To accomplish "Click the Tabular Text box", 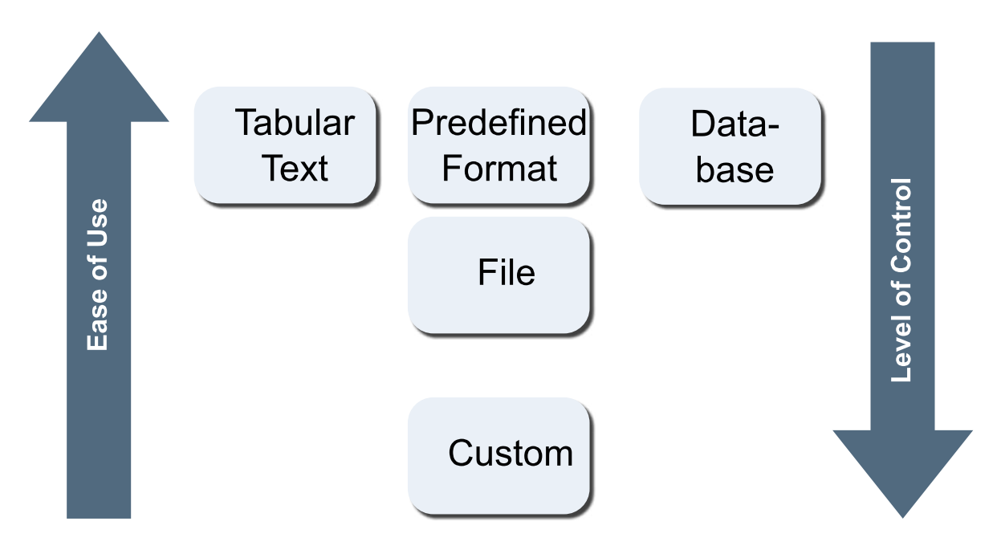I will point(285,145).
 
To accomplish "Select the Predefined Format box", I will point(499,145).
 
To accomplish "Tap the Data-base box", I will point(730,145).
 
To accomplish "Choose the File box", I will point(499,275).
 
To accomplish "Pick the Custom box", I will point(499,455).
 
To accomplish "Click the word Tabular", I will point(295,124).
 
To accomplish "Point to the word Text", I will point(296,169).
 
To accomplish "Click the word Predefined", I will point(499,124).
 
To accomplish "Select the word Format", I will point(499,169).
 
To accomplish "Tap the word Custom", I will point(511,454).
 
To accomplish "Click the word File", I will point(507,273).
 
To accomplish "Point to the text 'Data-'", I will point(735,125).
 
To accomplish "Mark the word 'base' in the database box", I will point(734,169).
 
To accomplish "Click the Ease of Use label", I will point(97,275).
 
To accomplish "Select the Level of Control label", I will point(902,279).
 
